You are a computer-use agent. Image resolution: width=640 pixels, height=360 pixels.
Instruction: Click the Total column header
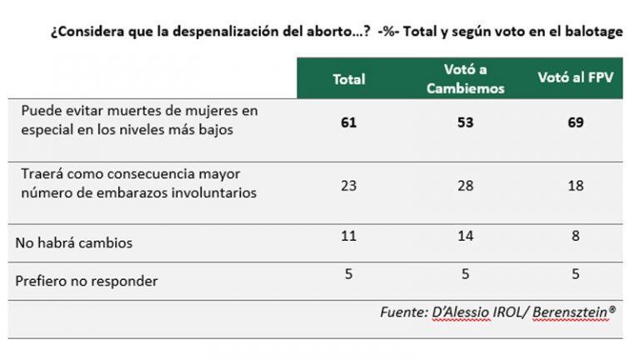[x=349, y=79]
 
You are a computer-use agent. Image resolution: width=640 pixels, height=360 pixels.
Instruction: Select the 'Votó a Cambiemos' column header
[x=465, y=79]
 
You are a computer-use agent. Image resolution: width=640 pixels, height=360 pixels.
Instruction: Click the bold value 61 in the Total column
[x=349, y=122]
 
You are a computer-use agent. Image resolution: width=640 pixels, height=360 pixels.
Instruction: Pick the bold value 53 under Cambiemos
[x=465, y=122]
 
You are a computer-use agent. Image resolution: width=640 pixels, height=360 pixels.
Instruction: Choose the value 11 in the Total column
[x=349, y=236]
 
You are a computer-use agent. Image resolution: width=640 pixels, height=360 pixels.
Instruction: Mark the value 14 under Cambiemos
[x=465, y=236]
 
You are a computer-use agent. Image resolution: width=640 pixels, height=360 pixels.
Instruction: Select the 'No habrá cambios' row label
[x=74, y=243]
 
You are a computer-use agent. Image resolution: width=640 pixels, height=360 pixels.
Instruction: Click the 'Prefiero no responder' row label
[x=87, y=282]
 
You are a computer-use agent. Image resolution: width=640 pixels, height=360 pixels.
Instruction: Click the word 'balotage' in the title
[x=592, y=32]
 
